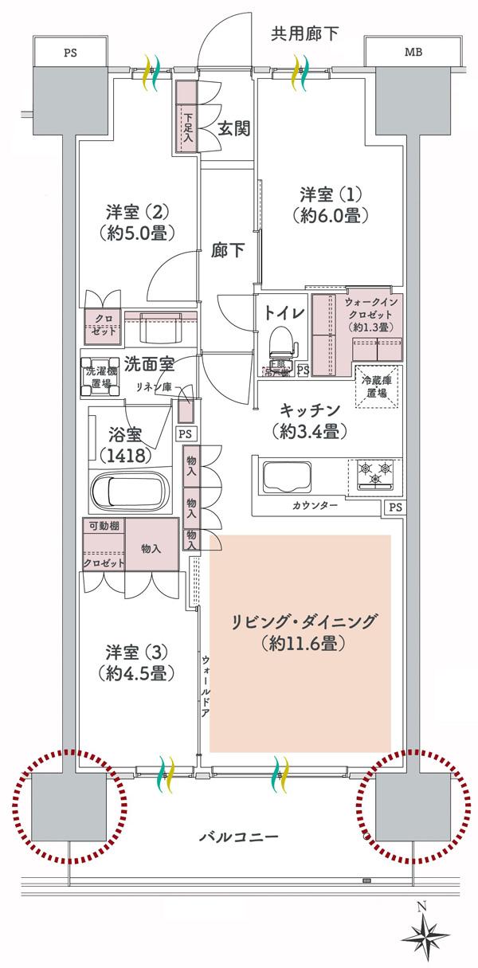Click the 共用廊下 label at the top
(305, 33)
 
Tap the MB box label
(413, 53)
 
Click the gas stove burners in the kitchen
(374, 473)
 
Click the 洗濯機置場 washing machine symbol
(100, 377)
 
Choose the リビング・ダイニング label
(302, 631)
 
